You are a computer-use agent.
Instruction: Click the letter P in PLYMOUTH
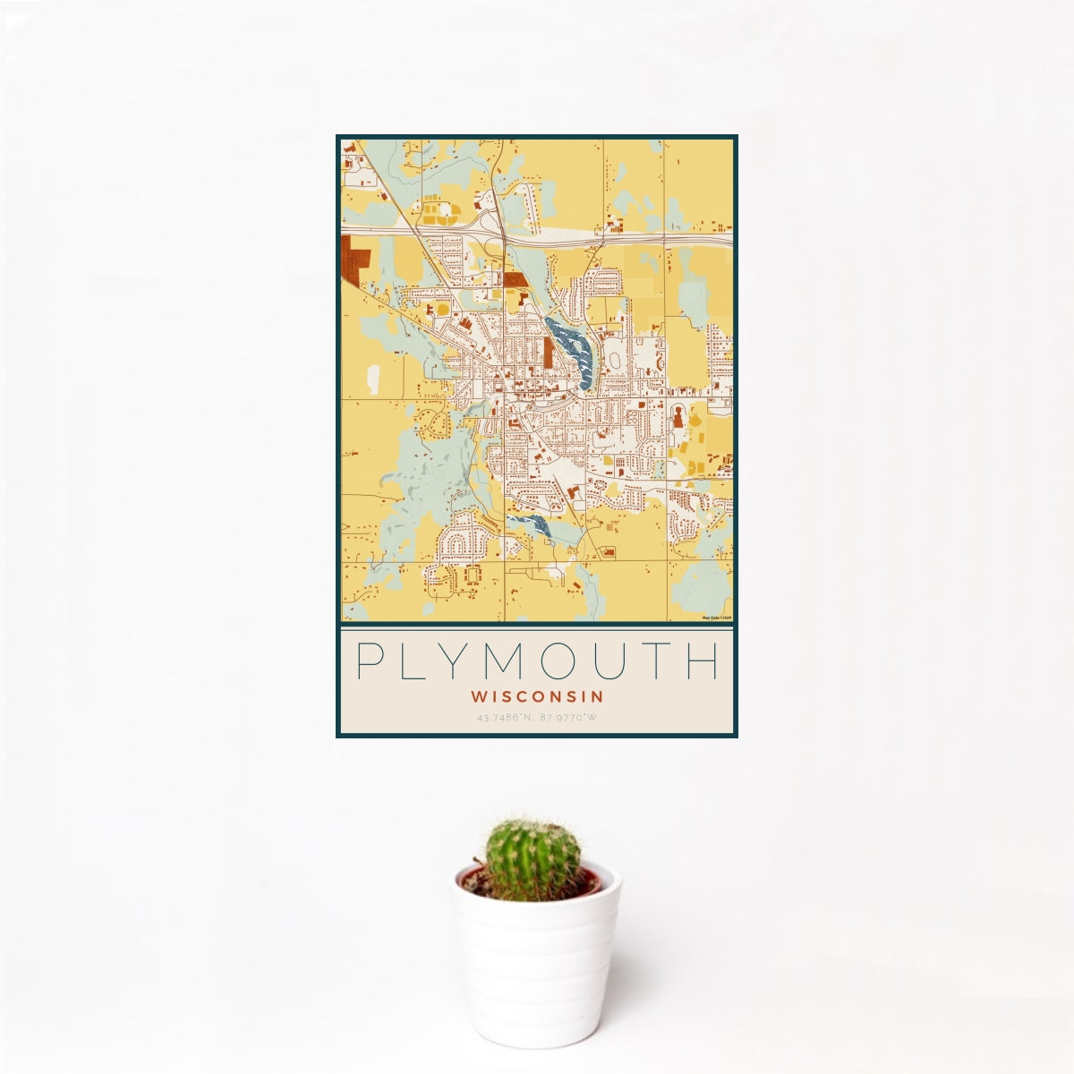click(x=367, y=661)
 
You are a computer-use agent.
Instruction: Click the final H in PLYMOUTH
click(x=705, y=661)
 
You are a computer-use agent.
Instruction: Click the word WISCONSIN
click(x=537, y=695)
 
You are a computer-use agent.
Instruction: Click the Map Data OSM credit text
click(x=717, y=618)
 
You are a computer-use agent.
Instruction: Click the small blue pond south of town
click(x=530, y=524)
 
